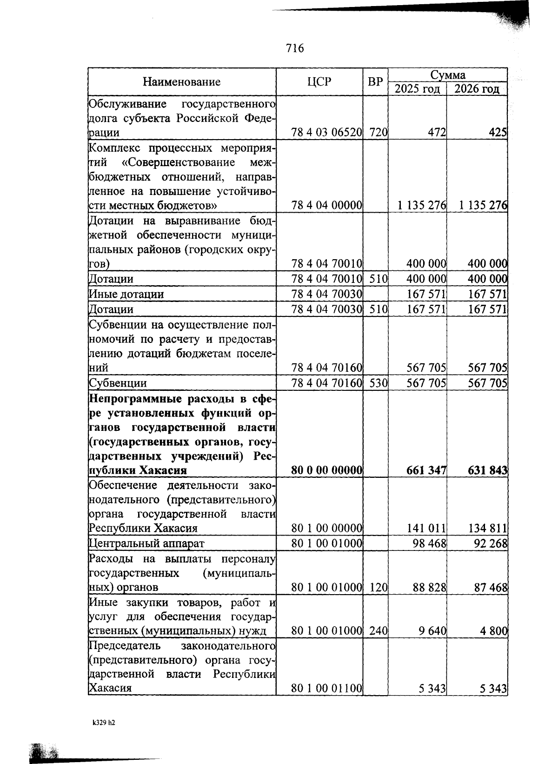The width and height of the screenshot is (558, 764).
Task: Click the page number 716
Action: click(x=295, y=48)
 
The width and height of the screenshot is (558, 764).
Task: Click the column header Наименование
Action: click(x=181, y=82)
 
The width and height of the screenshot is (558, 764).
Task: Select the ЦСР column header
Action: click(x=319, y=82)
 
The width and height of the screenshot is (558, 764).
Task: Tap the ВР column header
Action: click(x=375, y=82)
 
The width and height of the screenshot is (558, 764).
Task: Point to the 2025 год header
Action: click(x=417, y=89)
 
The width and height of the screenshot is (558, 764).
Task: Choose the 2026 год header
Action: click(x=477, y=89)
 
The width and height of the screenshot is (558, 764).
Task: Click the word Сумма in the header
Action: click(x=447, y=75)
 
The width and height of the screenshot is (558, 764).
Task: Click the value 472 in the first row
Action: click(x=437, y=133)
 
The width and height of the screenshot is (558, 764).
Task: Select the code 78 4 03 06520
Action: click(x=326, y=133)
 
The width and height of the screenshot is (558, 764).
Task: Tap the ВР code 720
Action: click(x=379, y=133)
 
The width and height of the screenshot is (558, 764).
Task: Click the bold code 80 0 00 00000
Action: click(x=326, y=470)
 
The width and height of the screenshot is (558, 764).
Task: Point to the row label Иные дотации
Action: click(x=126, y=294)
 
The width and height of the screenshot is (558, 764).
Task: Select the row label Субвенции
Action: click(x=118, y=383)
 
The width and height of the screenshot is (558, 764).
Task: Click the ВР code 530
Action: click(x=379, y=383)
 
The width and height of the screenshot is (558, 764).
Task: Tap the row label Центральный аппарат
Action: click(x=146, y=543)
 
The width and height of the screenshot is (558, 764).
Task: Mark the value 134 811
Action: click(x=488, y=528)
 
